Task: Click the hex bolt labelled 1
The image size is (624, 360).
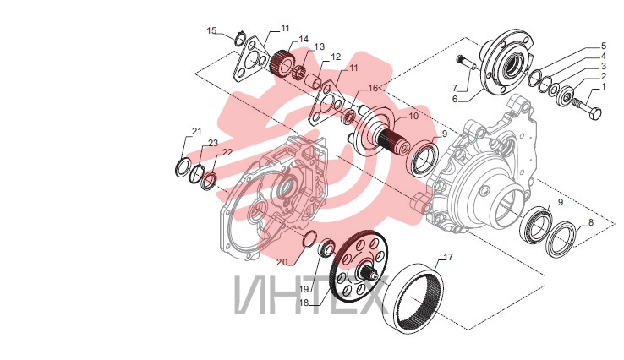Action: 587,109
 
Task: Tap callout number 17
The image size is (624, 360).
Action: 448,258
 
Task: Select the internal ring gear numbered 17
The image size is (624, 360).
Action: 415,297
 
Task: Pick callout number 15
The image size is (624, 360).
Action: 211,30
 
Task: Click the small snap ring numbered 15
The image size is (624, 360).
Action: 240,39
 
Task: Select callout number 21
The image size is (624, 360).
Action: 197,131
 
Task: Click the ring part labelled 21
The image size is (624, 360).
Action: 183,167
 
